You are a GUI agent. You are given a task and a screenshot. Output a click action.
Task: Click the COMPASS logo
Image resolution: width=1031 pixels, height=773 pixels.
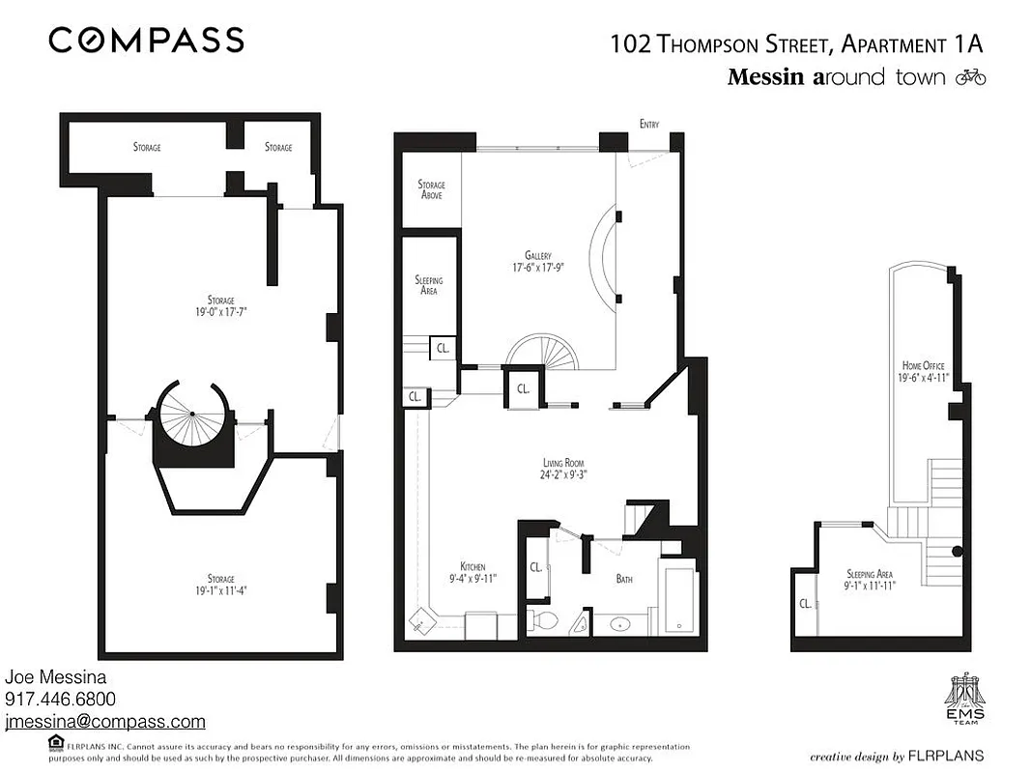(146, 40)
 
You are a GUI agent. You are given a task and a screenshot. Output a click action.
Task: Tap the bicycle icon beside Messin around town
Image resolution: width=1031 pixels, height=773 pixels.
(969, 77)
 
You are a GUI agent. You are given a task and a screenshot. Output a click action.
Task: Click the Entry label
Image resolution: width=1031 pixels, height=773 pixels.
(648, 124)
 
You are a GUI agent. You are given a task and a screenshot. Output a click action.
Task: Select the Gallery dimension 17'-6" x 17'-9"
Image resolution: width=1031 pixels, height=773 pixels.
(537, 268)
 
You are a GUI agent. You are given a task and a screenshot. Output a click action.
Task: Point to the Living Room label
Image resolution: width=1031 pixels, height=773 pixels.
(562, 463)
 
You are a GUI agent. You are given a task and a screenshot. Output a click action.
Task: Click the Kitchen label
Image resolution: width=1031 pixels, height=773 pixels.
(473, 566)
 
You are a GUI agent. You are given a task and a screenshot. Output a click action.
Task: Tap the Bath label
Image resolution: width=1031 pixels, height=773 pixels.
(624, 579)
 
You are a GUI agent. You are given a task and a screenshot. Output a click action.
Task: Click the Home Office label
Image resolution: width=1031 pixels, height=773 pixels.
(923, 365)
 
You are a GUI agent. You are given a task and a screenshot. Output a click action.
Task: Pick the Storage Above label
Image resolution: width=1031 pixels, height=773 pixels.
(431, 189)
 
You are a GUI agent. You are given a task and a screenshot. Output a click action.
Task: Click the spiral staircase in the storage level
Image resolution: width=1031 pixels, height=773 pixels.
(192, 415)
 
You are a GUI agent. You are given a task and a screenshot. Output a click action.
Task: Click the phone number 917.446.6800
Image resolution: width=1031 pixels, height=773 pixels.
(60, 700)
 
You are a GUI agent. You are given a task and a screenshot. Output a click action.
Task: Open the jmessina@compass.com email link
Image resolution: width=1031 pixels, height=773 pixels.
(105, 722)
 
